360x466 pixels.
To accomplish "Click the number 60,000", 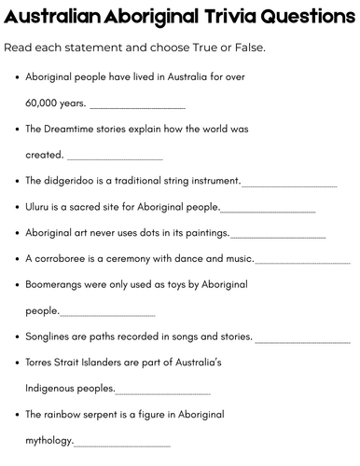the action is coord(43,103).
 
